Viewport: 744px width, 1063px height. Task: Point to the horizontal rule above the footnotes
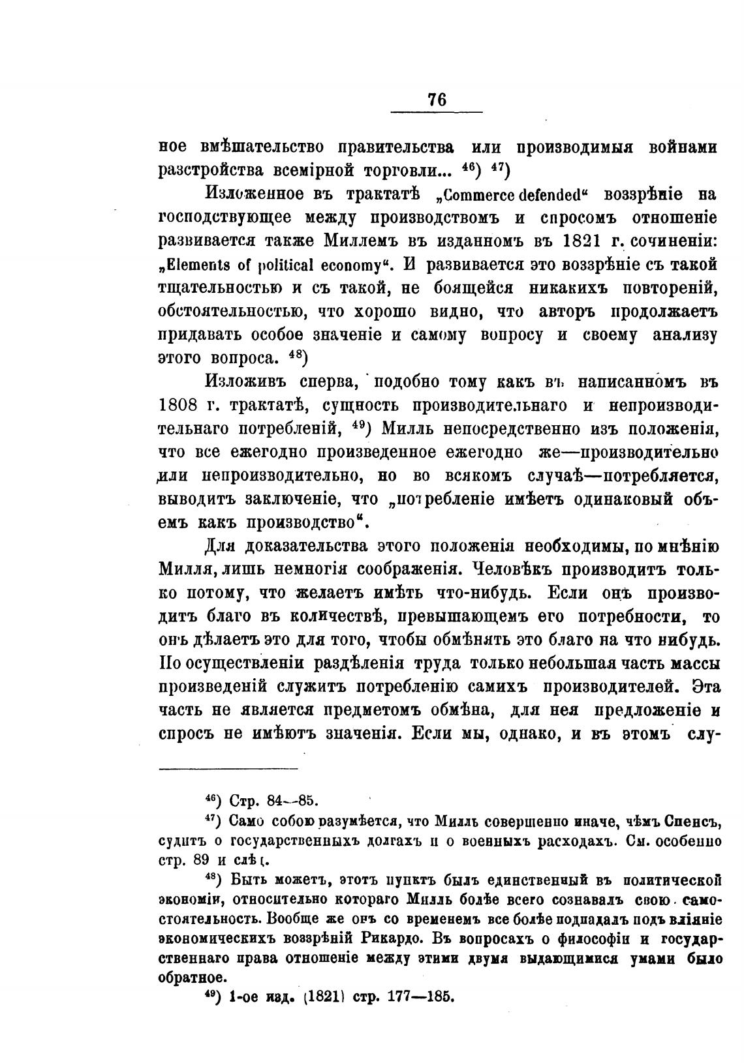pos(228,770)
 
